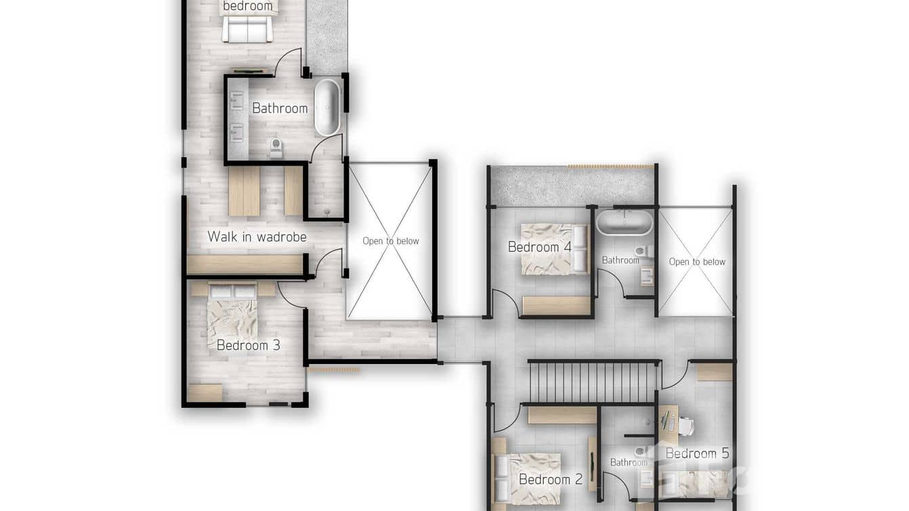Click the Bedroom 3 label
pos(248,345)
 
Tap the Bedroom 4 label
pos(539,247)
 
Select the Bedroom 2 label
pos(550,479)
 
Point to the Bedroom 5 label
pos(697,453)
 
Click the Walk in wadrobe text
pos(257,237)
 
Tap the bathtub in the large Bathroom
pos(327,107)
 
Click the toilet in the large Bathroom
pos(276,146)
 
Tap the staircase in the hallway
pos(593,382)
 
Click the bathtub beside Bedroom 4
pos(624,222)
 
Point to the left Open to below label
pos(390,241)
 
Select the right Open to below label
pos(696,262)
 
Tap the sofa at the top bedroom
pos(247,28)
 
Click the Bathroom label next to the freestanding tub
pos(280,108)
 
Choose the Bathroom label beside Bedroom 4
pos(620,260)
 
